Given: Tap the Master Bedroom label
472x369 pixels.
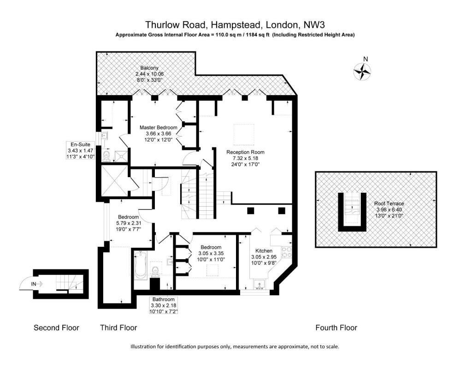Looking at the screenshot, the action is [159, 127].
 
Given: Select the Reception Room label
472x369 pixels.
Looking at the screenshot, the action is [245, 152].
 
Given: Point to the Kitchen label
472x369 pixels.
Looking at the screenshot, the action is [264, 250].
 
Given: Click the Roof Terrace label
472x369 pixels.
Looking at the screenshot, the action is [389, 203].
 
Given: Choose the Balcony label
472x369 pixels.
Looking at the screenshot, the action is [149, 68].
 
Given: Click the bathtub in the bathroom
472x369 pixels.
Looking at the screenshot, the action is [141, 265].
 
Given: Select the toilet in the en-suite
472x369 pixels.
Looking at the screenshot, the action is [107, 155].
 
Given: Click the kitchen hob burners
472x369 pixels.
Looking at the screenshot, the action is [286, 252].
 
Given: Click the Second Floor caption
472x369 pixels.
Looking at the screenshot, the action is [56, 328].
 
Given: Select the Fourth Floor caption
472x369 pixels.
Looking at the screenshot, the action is [336, 328].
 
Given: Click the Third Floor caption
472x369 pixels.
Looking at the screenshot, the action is [118, 328].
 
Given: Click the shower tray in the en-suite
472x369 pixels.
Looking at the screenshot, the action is [121, 155].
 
